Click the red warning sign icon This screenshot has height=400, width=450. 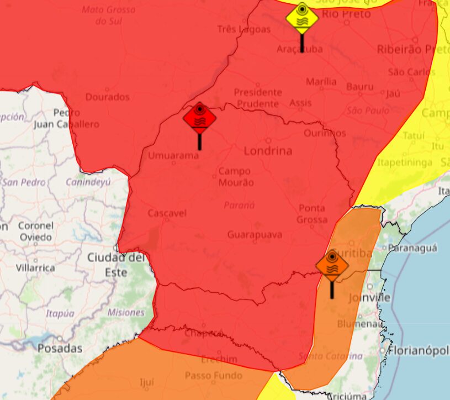199,117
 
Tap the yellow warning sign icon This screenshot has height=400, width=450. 302,18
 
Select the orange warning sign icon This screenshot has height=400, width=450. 332,266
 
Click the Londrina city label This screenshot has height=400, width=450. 268,151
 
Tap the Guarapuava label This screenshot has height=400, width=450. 255,235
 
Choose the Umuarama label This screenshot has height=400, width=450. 173,156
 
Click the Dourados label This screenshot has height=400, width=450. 107,97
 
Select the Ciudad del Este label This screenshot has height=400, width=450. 115,265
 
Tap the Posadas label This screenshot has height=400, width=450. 60,349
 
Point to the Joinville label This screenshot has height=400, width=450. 369,298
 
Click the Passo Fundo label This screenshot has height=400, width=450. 213,376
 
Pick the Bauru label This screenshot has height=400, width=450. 360,87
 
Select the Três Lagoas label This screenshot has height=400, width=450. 244,29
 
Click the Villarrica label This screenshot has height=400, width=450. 35,268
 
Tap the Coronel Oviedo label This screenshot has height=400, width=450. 35,231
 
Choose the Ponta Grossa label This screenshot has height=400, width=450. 312,214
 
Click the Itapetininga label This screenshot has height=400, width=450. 405,162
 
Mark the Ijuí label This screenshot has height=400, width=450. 146,381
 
